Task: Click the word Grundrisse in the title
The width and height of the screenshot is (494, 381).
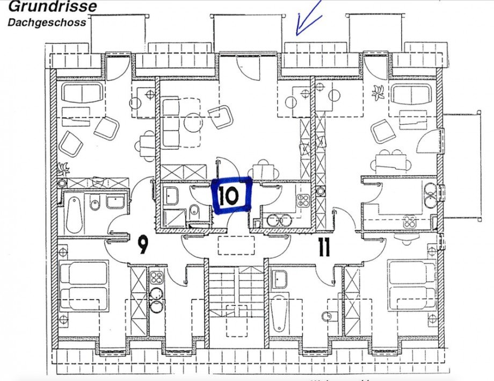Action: (x=53, y=7)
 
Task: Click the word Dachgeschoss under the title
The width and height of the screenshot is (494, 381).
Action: (x=47, y=23)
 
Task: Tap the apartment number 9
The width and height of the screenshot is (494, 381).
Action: (x=142, y=246)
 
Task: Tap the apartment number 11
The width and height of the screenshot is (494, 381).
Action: (x=324, y=248)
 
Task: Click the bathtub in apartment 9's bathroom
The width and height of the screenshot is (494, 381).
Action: (x=74, y=214)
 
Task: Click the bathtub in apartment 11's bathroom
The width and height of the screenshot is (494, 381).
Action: (x=279, y=313)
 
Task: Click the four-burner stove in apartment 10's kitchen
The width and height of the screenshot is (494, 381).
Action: (x=303, y=202)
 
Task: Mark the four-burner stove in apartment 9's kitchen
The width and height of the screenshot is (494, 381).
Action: (x=156, y=278)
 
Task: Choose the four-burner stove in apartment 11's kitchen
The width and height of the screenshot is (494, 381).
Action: (x=410, y=221)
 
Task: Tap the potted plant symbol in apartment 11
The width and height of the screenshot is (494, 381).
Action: (x=378, y=92)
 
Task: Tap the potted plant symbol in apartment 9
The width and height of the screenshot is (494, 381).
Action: (x=64, y=168)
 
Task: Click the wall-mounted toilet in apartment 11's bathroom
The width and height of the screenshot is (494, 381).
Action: (x=325, y=316)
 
